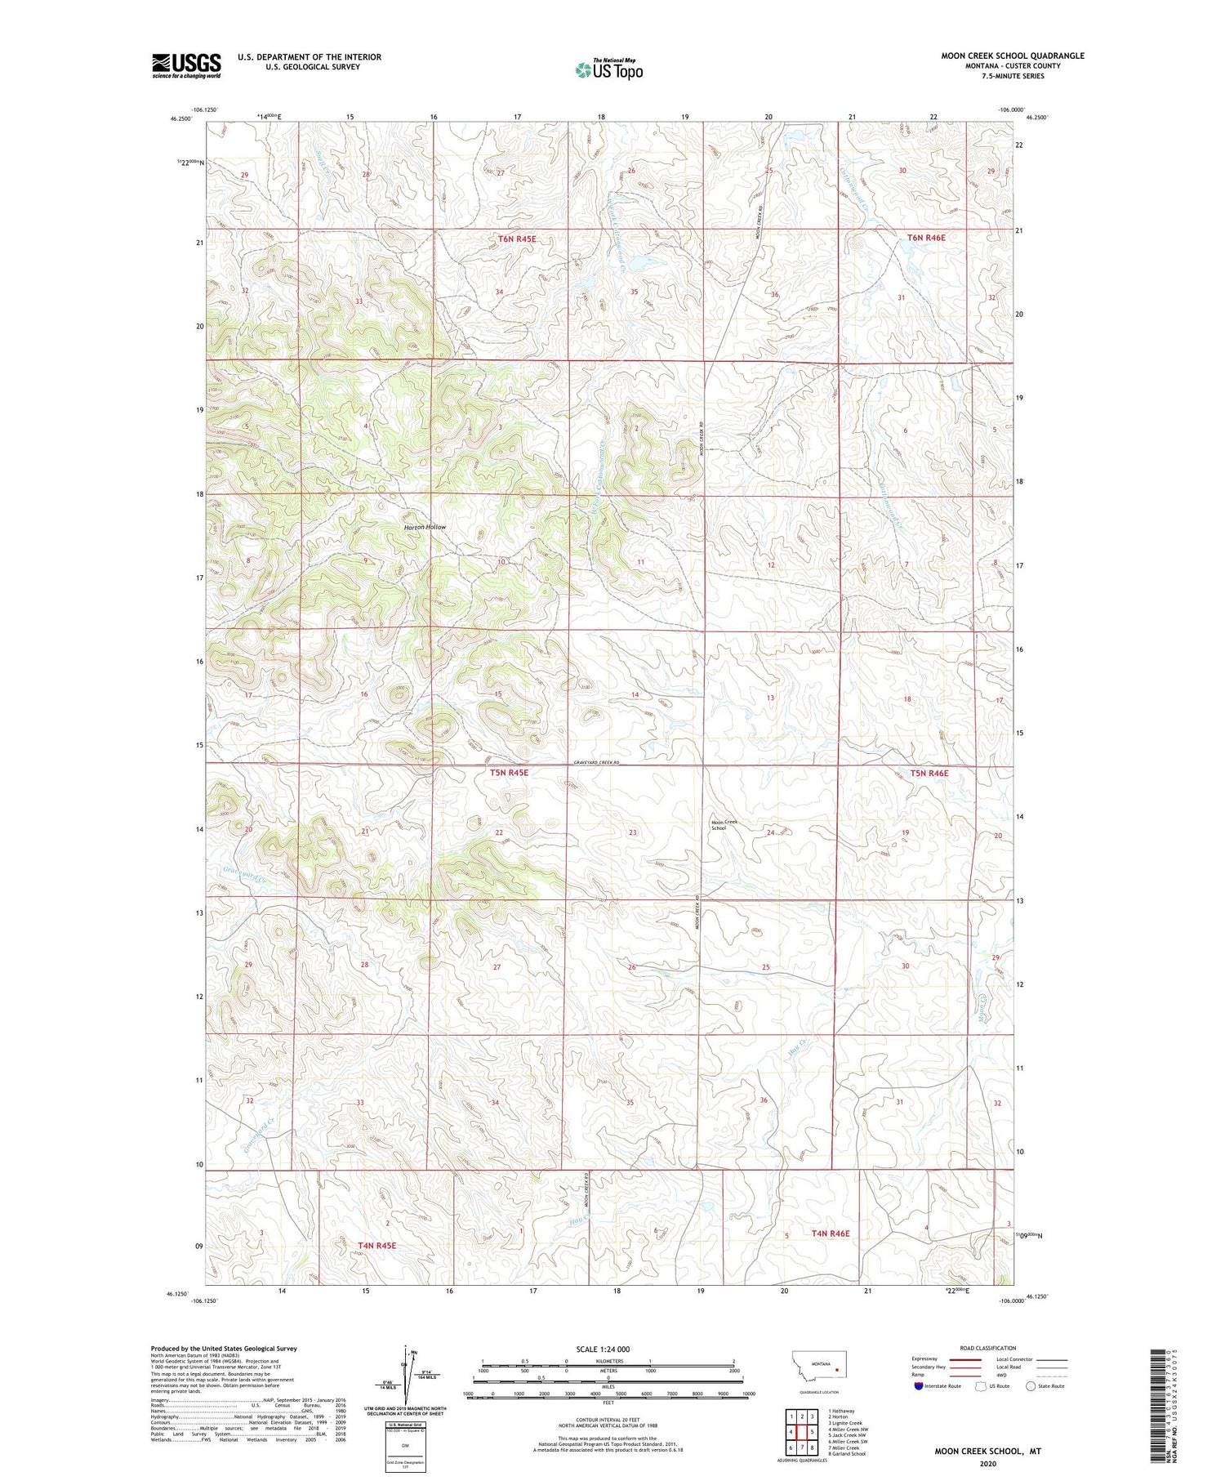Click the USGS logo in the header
point(186,65)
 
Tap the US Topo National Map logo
point(608,69)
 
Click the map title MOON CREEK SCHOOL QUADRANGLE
point(1013,56)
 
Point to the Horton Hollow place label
point(425,527)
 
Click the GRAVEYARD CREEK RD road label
point(596,762)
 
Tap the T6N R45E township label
point(517,239)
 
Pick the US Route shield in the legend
point(981,1386)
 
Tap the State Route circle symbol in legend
point(1031,1386)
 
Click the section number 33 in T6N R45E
point(359,301)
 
